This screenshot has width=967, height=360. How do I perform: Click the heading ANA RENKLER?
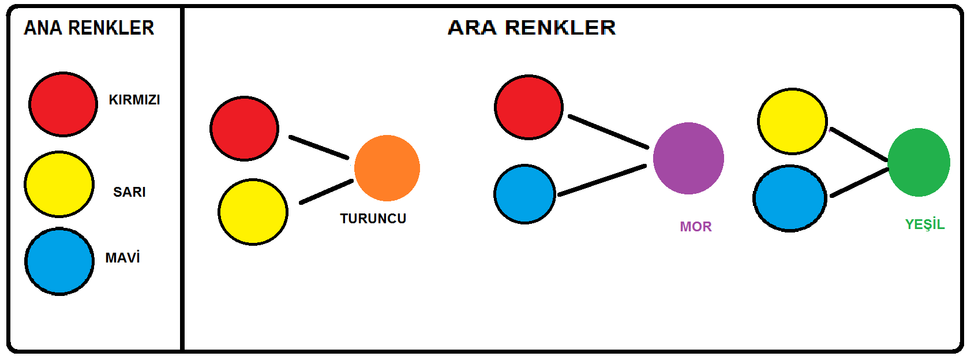(89, 28)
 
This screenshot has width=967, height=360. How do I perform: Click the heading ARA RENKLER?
(531, 28)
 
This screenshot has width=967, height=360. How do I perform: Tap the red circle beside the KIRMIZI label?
(63, 104)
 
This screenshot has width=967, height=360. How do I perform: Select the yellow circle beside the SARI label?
(59, 185)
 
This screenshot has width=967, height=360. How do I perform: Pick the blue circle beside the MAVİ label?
(59, 261)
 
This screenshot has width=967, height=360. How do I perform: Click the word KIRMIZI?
(134, 100)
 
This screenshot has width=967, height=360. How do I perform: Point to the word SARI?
(129, 192)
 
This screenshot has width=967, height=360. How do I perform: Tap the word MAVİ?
(122, 258)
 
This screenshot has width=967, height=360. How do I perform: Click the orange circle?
(387, 168)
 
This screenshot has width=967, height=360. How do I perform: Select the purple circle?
(688, 158)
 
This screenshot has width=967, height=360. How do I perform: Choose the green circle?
(919, 162)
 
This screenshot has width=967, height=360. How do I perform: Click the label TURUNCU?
(373, 219)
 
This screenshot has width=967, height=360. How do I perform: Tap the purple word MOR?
(696, 227)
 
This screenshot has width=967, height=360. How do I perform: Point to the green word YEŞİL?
(924, 224)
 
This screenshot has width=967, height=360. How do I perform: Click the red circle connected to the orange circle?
(244, 129)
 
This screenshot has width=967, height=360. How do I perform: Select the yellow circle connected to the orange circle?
(253, 212)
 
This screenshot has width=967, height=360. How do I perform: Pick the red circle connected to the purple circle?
(529, 107)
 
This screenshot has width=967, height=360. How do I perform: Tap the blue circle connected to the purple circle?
(524, 194)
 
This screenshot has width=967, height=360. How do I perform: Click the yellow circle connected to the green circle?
(792, 121)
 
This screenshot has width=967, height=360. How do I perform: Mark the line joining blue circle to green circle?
(859, 182)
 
